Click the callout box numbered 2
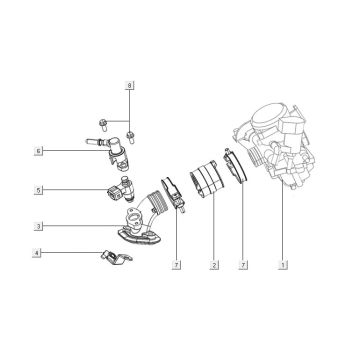tap(212, 266)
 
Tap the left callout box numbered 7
tap(177, 266)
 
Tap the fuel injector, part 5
tap(116, 188)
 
